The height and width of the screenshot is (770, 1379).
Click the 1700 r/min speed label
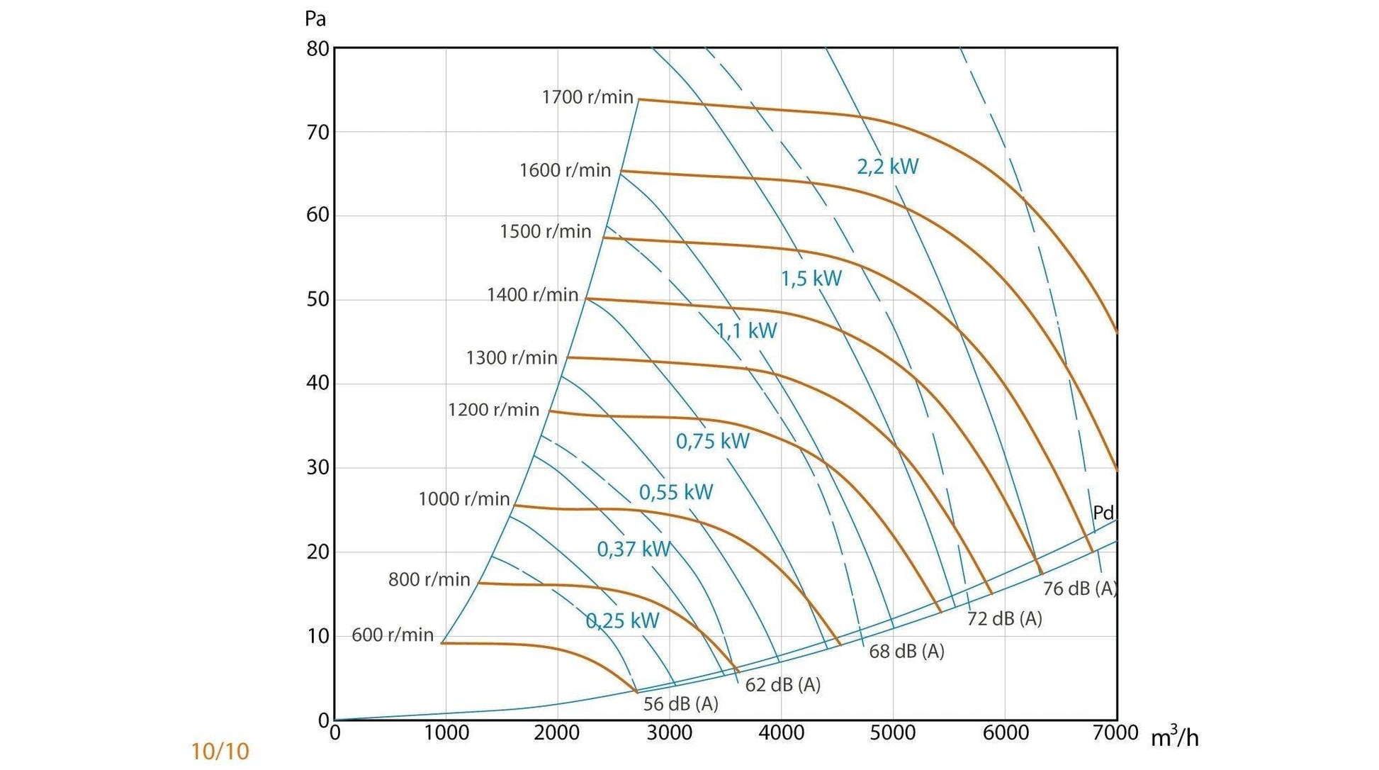[587, 97]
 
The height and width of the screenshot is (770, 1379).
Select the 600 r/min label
[393, 635]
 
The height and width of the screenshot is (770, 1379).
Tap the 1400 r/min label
[532, 294]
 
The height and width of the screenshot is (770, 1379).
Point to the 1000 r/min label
[463, 498]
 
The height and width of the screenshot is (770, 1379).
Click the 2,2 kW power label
[887, 167]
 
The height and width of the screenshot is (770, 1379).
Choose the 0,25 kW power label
[622, 621]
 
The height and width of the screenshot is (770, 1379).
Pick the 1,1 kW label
[746, 330]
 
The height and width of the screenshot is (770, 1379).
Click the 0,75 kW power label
[712, 441]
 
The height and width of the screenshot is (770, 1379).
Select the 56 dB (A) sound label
[680, 703]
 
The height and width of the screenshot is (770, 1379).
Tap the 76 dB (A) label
[1079, 588]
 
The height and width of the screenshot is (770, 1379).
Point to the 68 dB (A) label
[906, 651]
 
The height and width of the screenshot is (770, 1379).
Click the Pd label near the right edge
[1103, 512]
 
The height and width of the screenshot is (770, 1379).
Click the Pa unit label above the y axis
[315, 18]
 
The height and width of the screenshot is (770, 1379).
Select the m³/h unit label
[1174, 737]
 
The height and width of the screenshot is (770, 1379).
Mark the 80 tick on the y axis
[317, 49]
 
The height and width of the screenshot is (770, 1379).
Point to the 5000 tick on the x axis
[892, 733]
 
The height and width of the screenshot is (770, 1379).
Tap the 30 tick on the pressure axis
[317, 467]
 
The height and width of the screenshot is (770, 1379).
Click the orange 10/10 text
[220, 751]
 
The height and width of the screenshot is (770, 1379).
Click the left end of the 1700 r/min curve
[640, 99]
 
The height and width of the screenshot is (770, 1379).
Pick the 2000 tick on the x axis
[557, 733]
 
